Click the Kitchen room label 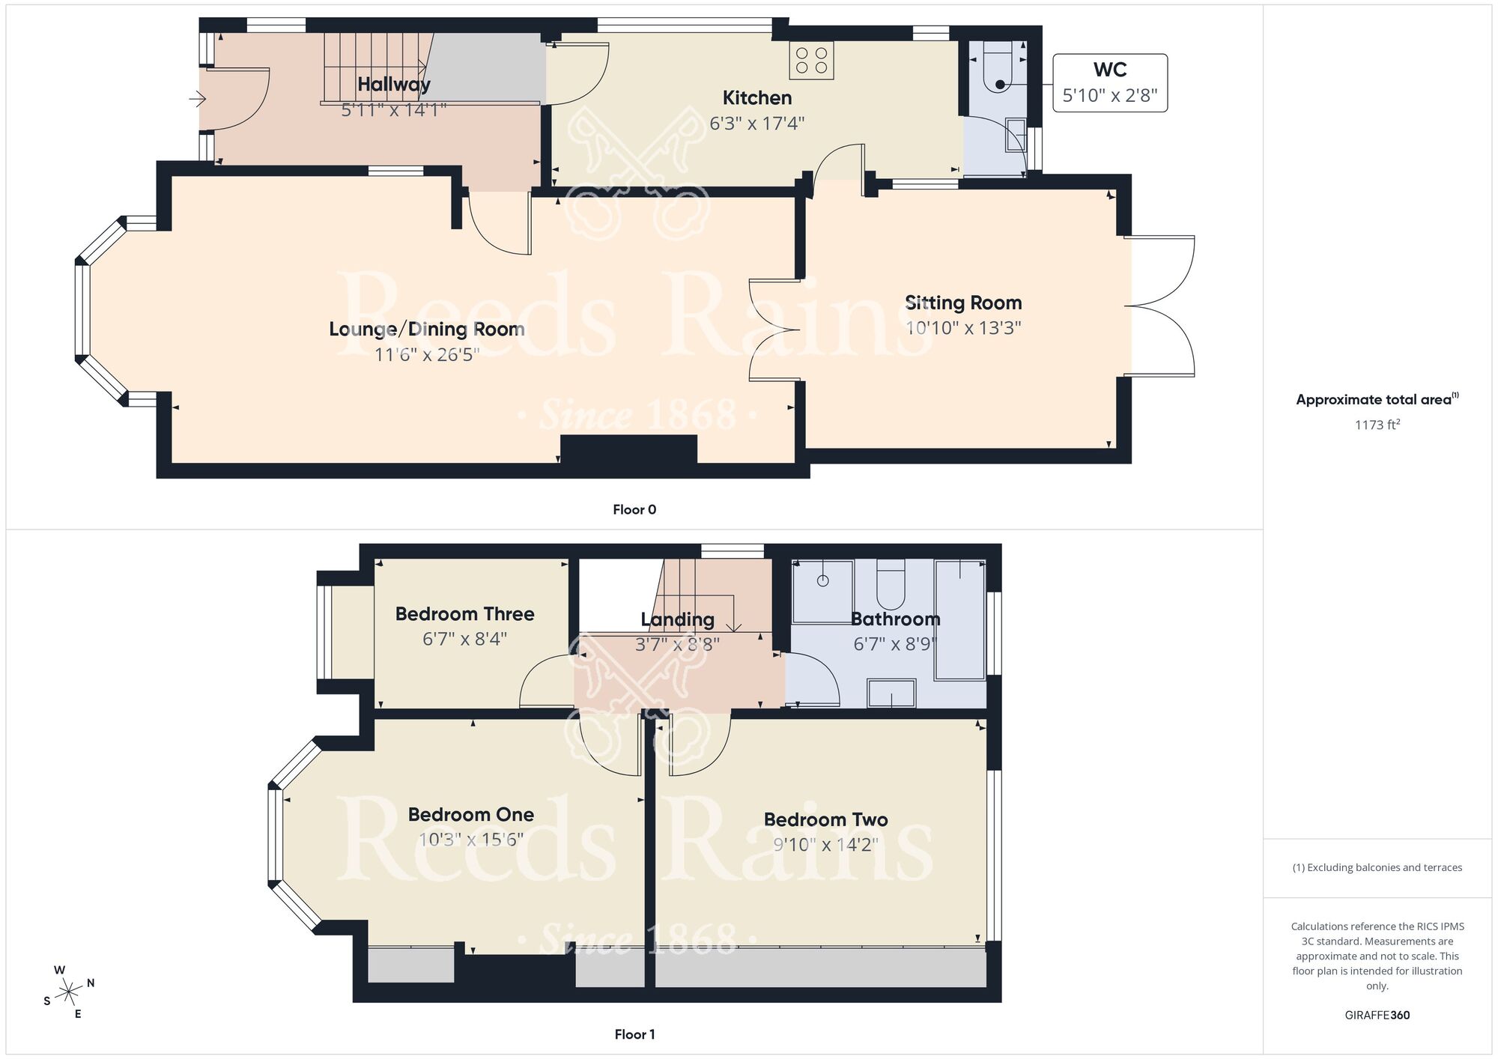[756, 98]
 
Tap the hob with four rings [811, 60]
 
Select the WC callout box [1109, 82]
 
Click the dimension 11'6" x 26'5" [426, 354]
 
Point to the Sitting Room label [963, 303]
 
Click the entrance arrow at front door [197, 98]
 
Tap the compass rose [69, 992]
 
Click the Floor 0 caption [634, 510]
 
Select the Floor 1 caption [634, 1034]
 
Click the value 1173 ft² [1377, 425]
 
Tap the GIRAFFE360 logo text [1377, 1016]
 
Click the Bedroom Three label [464, 614]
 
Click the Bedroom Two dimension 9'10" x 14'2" [825, 845]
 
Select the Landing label [677, 619]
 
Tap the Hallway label [393, 85]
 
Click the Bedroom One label [470, 815]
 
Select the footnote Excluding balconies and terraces [1377, 868]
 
